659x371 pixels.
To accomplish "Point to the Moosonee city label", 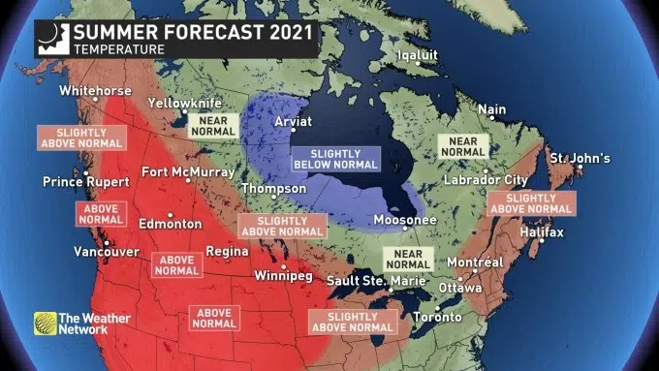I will click(399, 222).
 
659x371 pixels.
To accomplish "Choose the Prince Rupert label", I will click(86, 181).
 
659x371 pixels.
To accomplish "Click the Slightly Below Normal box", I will click(342, 160).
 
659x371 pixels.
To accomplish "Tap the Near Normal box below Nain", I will click(463, 146).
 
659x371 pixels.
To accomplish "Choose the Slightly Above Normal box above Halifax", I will click(531, 203).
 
